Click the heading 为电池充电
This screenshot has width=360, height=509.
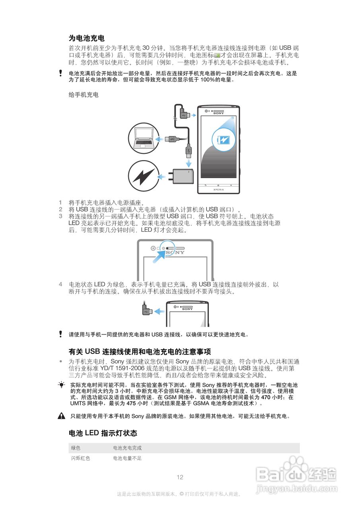tap(87, 38)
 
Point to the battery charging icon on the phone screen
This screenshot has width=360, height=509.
tap(223, 140)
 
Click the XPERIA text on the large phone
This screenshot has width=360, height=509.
tap(218, 189)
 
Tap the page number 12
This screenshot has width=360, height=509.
tap(180, 477)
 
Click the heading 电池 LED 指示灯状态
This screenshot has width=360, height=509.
tap(103, 433)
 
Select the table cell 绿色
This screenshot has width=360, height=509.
tap(76, 448)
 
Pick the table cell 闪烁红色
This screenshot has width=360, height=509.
tap(80, 458)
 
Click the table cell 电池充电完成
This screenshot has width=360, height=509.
tap(127, 448)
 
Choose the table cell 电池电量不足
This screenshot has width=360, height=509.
tap(127, 458)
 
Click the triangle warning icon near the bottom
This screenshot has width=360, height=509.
tap(61, 416)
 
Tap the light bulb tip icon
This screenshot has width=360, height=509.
tap(61, 385)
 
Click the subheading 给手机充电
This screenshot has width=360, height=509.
tap(84, 95)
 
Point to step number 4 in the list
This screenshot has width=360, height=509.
tap(60, 284)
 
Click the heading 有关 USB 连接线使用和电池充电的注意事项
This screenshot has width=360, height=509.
tap(140, 352)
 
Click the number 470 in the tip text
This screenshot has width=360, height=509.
tap(266, 397)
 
